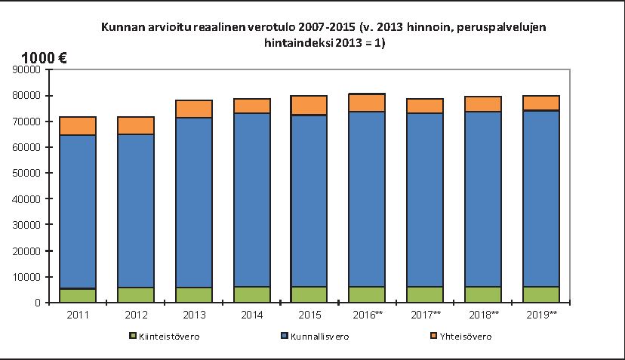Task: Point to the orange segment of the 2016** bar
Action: (x=367, y=103)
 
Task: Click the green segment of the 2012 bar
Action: (x=136, y=294)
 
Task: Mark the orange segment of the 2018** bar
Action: (x=483, y=104)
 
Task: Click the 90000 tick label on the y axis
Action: (x=26, y=69)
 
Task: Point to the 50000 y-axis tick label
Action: (x=26, y=173)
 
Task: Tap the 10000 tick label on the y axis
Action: (x=26, y=277)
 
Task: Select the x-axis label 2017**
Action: (x=425, y=313)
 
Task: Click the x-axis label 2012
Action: (x=136, y=313)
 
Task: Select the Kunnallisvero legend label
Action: (x=319, y=337)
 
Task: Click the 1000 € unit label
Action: (x=45, y=58)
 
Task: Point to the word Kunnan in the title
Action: (x=119, y=28)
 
